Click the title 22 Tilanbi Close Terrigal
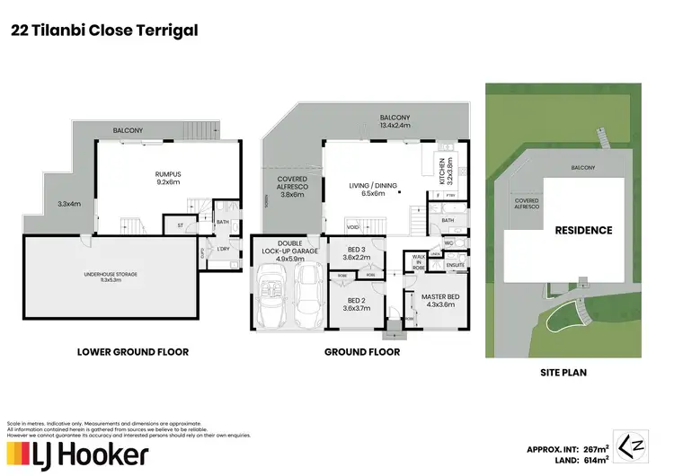[103, 31]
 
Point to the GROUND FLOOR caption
[362, 352]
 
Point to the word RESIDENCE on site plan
[583, 231]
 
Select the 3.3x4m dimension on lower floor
[68, 204]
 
